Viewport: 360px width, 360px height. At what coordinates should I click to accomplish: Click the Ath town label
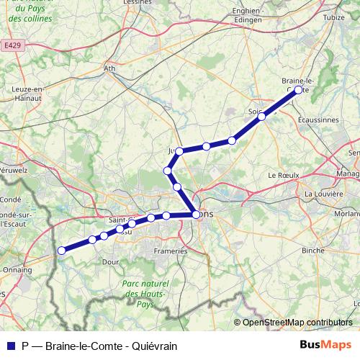tap(110, 69)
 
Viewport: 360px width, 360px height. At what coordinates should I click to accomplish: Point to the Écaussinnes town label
tap(318, 120)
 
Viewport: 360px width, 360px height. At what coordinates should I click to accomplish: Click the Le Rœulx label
tap(282, 175)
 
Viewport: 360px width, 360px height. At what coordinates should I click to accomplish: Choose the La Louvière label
tap(323, 194)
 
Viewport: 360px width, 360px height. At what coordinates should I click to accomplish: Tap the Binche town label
tap(312, 250)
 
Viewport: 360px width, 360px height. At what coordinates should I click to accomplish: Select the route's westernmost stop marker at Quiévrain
tap(62, 251)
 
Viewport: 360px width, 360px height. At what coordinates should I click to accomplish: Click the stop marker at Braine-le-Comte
tap(299, 90)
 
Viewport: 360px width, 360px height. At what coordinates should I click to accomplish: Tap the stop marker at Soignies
tap(263, 116)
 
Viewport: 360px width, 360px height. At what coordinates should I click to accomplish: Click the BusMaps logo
tap(325, 345)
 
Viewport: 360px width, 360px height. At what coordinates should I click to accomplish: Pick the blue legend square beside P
tap(10, 346)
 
